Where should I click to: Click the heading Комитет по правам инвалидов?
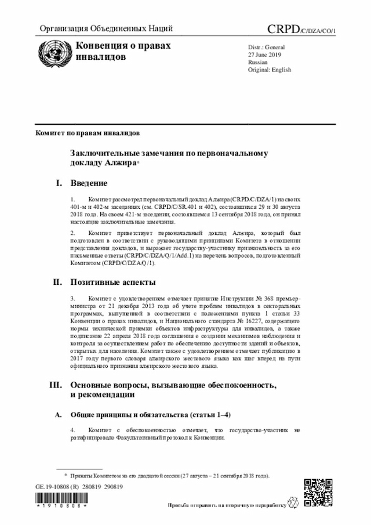pyautogui.click(x=87, y=133)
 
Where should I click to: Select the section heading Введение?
pyautogui.click(x=89, y=183)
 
